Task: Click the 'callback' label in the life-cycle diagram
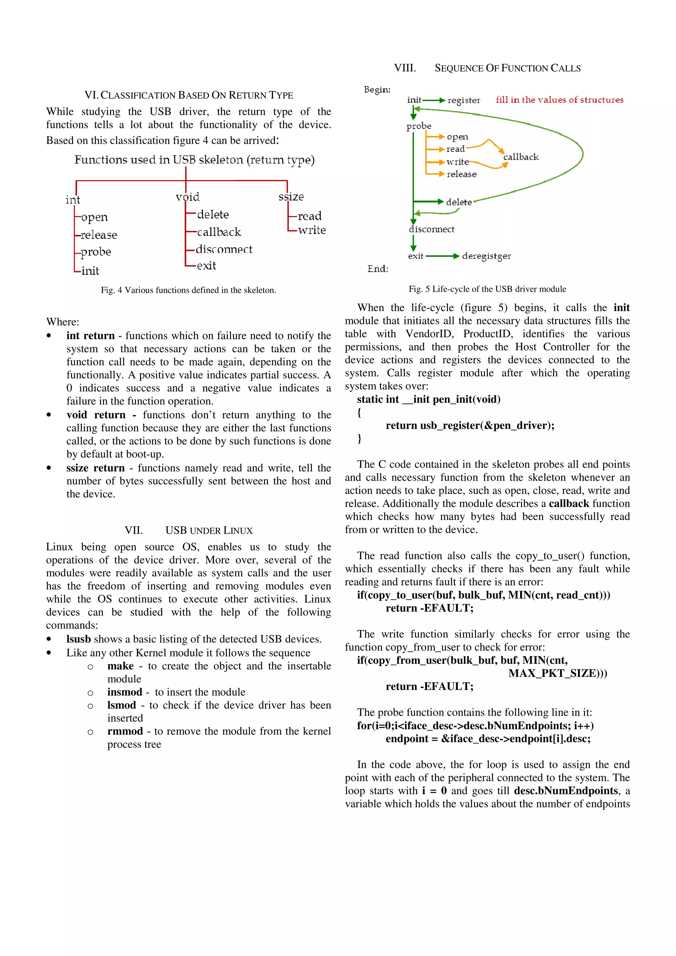coord(521,157)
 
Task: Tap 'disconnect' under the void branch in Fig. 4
coord(224,249)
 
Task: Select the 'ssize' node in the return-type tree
coord(291,197)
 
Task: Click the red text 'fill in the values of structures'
coord(559,100)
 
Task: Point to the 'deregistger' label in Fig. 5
coord(486,256)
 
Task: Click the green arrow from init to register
coord(434,100)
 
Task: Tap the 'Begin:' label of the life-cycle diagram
coord(377,89)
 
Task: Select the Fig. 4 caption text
coord(188,290)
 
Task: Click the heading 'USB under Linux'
coord(209,530)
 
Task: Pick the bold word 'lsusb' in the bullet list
coord(78,639)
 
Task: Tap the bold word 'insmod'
coord(124,692)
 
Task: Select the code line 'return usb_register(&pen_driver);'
coord(470,425)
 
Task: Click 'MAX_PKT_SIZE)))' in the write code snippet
coord(557,673)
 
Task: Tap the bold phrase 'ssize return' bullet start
coord(95,468)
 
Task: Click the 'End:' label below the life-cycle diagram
coord(377,269)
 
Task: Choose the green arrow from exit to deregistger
coord(442,256)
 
